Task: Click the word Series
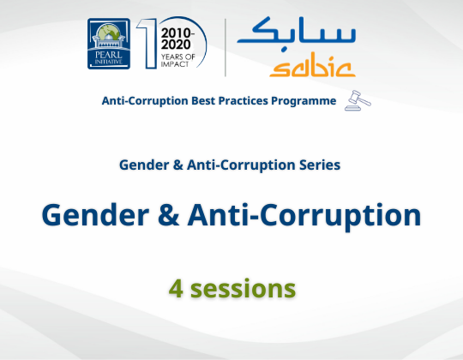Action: coord(321,164)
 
